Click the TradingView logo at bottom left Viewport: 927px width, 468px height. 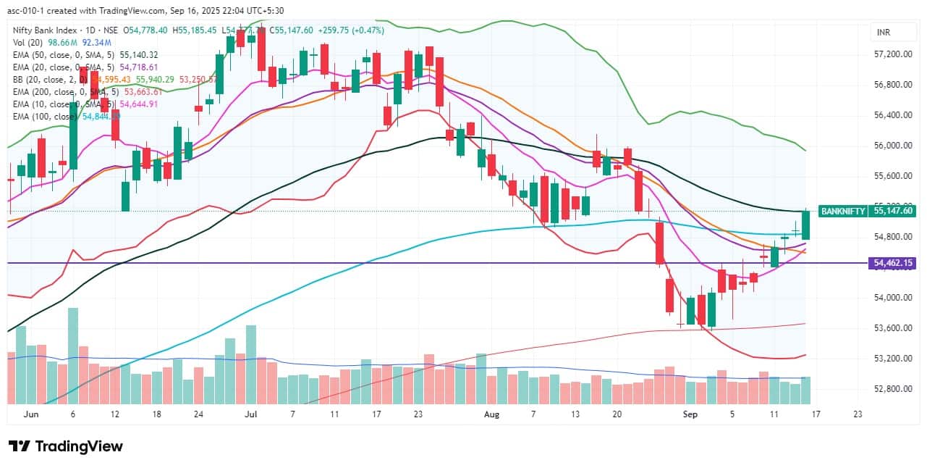65,446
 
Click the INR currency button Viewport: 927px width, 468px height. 883,33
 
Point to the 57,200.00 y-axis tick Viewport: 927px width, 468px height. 892,54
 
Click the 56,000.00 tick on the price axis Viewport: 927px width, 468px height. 892,146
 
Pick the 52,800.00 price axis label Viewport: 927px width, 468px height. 892,389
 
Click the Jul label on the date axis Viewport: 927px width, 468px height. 251,414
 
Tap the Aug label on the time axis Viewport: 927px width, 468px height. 491,414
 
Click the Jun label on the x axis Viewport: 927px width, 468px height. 30,414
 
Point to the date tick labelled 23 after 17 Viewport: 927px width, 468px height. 858,414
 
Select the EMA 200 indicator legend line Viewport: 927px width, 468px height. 80,91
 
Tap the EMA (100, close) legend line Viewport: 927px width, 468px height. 65,116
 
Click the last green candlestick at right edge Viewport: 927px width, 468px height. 805,225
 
